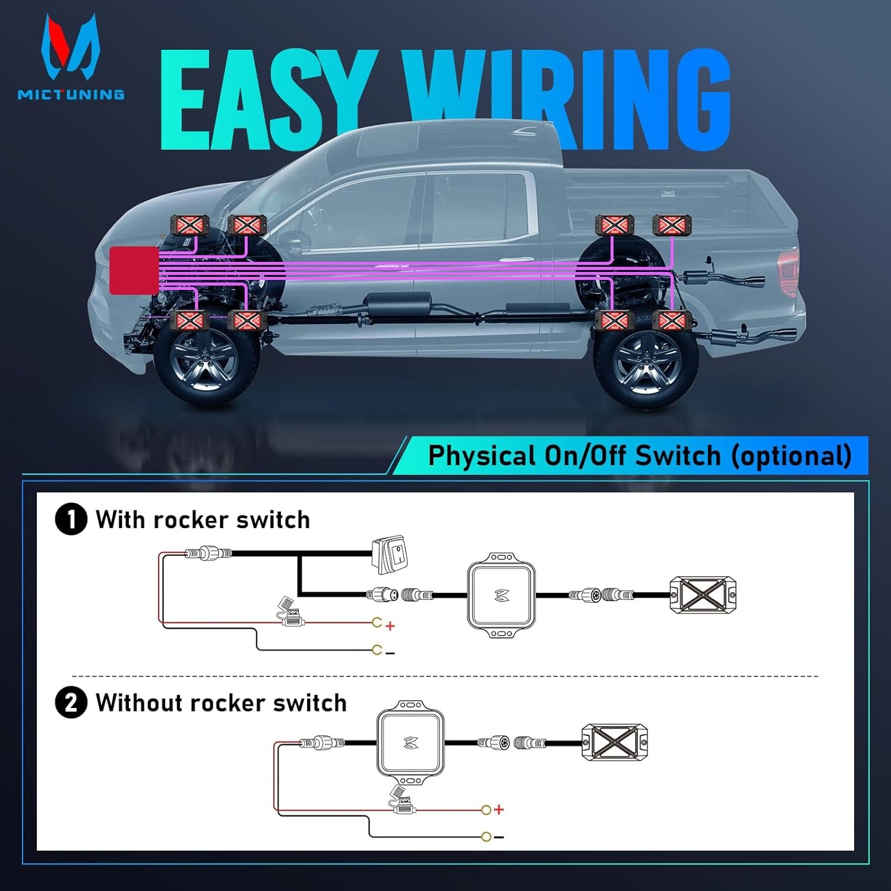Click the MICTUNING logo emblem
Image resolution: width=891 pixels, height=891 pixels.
(x=70, y=48)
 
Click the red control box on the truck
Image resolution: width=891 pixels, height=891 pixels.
(x=134, y=271)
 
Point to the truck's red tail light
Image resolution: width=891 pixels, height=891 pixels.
(x=789, y=271)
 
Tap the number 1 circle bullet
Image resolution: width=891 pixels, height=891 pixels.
(x=71, y=519)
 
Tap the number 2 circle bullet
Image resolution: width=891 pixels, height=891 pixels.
(x=71, y=703)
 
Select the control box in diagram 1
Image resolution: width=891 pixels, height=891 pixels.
(x=501, y=595)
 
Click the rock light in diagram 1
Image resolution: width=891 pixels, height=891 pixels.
(x=703, y=595)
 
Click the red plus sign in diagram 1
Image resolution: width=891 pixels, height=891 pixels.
(x=390, y=625)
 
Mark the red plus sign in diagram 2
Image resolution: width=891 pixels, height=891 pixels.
(x=499, y=810)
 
